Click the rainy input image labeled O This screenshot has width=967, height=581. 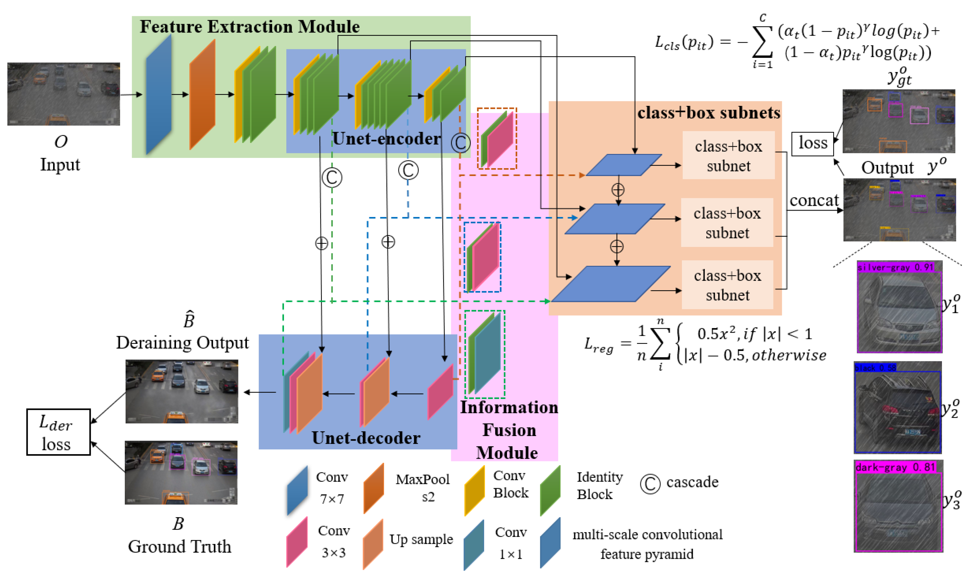click(63, 94)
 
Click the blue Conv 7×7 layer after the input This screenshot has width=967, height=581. click(159, 94)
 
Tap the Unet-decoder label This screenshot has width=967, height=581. click(366, 438)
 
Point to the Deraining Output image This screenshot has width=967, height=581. click(182, 391)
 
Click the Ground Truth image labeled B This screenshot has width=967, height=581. click(181, 473)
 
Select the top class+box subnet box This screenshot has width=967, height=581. click(728, 155)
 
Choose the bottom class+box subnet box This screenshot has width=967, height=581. click(727, 285)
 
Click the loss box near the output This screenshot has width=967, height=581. click(812, 144)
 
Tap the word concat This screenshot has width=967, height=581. click(814, 200)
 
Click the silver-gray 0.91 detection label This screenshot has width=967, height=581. click(895, 267)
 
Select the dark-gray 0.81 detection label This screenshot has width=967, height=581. click(895, 467)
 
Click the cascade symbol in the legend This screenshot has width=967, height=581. click(650, 484)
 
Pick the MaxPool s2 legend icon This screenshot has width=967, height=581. click(373, 488)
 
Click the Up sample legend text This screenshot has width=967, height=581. click(421, 539)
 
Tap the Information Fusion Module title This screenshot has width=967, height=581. click(508, 430)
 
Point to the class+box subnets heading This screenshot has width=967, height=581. click(708, 113)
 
